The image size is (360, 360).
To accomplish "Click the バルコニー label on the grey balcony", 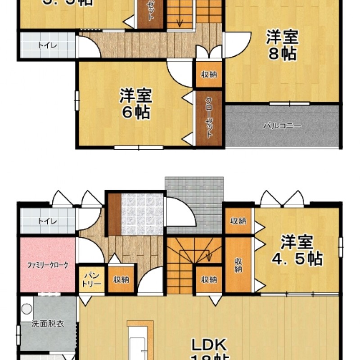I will [x=282, y=126].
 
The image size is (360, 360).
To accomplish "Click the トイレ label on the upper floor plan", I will [x=44, y=45].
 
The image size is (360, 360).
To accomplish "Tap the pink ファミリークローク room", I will [x=47, y=265].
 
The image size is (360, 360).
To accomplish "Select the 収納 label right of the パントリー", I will [x=121, y=280].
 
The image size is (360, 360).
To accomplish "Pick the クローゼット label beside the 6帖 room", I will [x=209, y=118].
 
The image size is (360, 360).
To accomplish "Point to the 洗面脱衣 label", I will [x=43, y=324].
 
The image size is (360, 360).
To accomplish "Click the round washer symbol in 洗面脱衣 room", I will [x=27, y=309].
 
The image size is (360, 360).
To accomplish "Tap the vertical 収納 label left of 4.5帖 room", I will [x=238, y=265].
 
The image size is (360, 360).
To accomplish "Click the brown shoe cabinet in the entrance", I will [x=115, y=214].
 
